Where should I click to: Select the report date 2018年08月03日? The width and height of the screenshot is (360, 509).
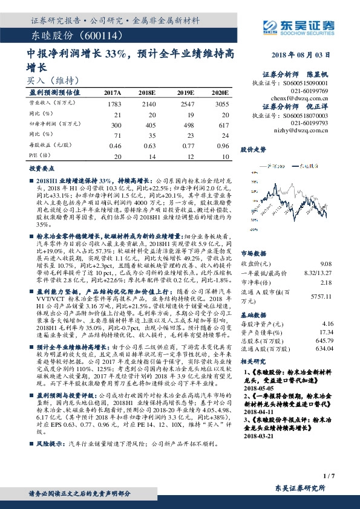tap(308, 54)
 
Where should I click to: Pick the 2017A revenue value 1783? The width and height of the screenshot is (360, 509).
tap(114, 104)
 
